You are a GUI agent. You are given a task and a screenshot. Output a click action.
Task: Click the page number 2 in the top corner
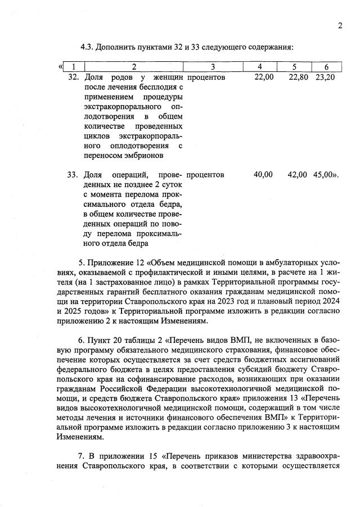(340, 25)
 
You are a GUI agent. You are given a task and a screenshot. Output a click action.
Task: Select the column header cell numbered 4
(259, 67)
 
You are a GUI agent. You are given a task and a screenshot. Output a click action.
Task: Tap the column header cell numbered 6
(326, 67)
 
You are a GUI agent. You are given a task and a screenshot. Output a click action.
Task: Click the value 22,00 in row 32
(264, 77)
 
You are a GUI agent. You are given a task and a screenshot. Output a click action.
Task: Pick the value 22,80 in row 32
(298, 77)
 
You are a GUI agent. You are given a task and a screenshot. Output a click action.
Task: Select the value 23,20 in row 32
(325, 77)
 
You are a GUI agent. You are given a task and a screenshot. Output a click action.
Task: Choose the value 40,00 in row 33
(263, 175)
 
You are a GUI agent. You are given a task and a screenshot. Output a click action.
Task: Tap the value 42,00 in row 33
(298, 175)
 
